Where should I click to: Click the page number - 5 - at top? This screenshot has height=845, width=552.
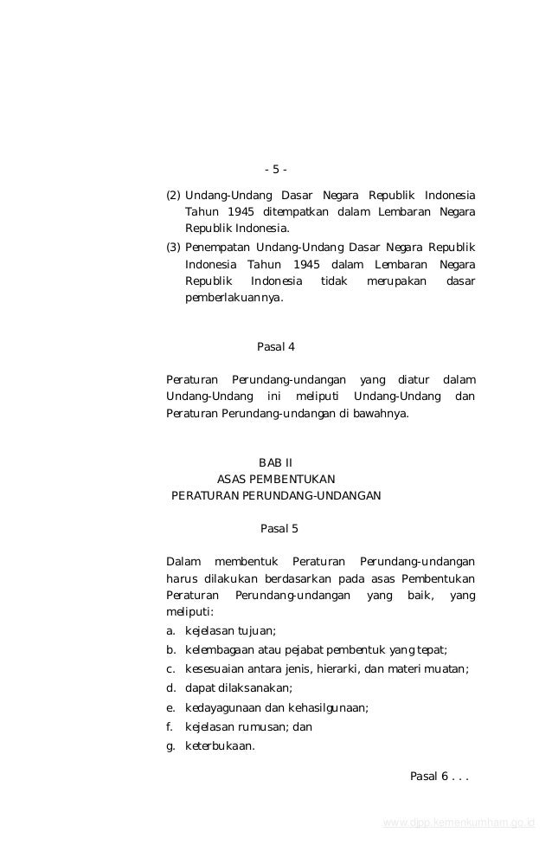tap(275, 169)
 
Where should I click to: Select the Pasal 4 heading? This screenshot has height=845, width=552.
tap(276, 347)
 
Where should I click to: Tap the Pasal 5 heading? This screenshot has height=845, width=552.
tap(279, 528)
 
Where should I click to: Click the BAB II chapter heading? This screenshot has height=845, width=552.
tap(275, 462)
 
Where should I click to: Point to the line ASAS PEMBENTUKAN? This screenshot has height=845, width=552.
tap(276, 479)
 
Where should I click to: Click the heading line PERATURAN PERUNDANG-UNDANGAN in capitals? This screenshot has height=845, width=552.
tap(276, 496)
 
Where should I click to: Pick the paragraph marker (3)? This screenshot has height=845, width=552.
tap(173, 247)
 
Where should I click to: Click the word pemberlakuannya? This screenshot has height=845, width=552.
tap(234, 299)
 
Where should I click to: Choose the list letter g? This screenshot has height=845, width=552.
tap(170, 745)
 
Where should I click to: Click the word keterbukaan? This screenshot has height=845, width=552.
tap(220, 745)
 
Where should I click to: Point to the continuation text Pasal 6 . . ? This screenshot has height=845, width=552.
tap(439, 776)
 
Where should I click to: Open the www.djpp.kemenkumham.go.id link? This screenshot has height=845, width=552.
tap(458, 822)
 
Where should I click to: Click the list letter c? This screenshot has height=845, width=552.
tap(170, 668)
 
